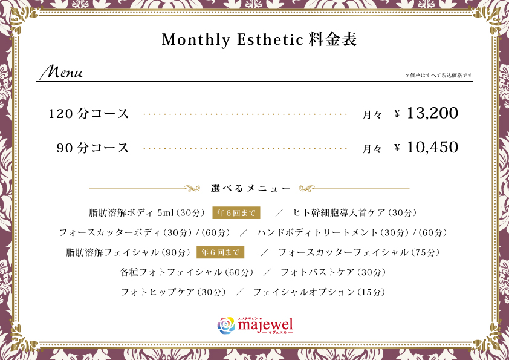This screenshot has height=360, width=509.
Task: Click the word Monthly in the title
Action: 196,40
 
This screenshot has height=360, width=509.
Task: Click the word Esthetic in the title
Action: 270,39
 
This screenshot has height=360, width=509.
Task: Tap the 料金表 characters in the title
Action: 332,39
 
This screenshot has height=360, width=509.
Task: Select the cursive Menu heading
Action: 61,71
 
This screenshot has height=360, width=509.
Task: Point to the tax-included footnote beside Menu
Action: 439,76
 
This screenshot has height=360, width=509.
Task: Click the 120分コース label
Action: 89,114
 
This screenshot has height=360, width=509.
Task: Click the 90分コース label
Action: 92,148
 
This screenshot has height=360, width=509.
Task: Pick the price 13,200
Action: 432,113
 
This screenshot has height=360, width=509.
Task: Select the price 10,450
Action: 432,147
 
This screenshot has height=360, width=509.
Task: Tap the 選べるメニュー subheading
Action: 250,188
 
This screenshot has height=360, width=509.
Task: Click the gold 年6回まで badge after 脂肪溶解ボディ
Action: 236,213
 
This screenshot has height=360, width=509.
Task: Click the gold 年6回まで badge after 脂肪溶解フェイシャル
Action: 221,252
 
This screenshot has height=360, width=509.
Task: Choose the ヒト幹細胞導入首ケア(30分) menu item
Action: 354,213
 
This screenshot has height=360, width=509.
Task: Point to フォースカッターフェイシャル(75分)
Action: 358,252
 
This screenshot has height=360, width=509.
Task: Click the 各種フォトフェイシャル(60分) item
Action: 187,272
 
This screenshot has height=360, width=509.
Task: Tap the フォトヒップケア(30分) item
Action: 173,292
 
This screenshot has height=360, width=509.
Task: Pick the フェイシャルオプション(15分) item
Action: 319,292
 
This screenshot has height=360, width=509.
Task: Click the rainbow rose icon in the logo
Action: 226,326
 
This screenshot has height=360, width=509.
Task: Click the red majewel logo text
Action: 265,325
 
